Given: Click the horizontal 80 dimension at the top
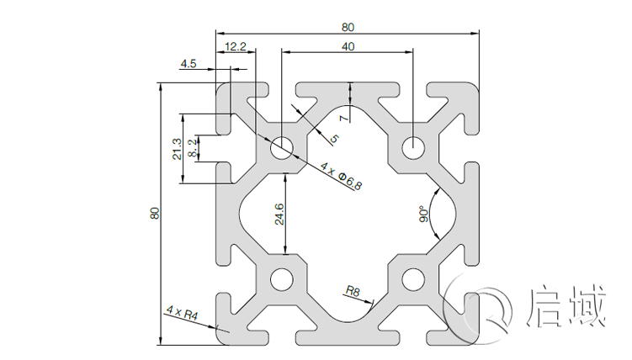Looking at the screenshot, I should click(x=348, y=26).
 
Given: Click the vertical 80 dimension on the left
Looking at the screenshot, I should click(x=154, y=214).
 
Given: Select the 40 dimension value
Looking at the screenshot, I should click(x=348, y=47).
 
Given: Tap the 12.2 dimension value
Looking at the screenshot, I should click(x=236, y=47).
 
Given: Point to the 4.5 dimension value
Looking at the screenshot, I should click(x=188, y=64).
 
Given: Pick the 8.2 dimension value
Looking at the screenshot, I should click(x=194, y=149).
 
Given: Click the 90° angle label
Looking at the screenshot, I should click(x=424, y=216).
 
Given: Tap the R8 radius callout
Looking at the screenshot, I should click(x=353, y=292).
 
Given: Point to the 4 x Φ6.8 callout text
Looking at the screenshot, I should click(x=341, y=177).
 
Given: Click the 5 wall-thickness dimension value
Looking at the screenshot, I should click(x=334, y=139).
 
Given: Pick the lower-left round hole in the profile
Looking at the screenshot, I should click(x=281, y=279).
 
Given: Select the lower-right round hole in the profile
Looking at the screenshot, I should click(x=413, y=279).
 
